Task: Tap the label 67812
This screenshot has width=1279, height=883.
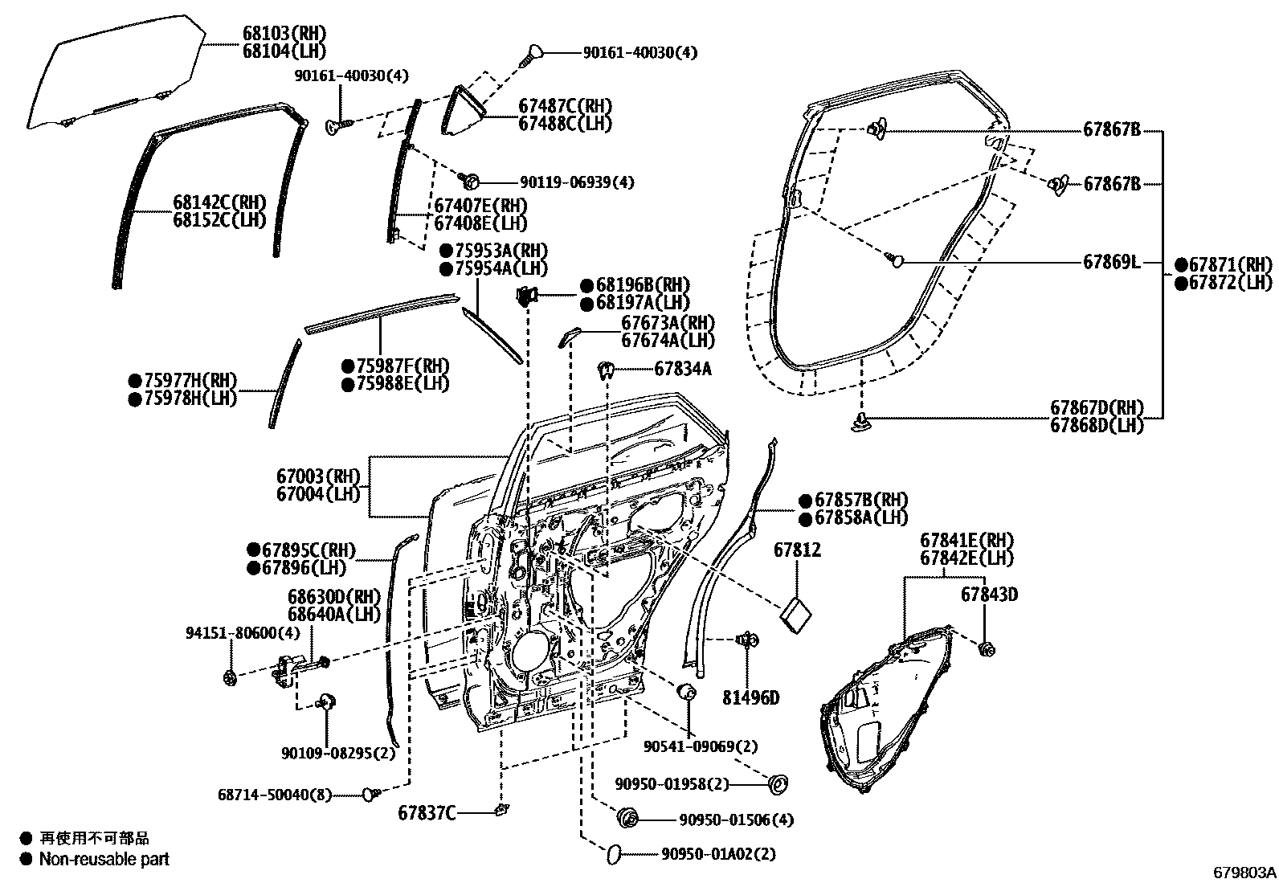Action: (x=797, y=550)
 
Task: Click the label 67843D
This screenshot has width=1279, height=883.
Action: (x=989, y=595)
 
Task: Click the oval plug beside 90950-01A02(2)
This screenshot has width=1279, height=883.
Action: (x=612, y=853)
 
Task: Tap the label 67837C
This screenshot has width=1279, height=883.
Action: (x=427, y=813)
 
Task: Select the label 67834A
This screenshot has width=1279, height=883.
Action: (x=682, y=369)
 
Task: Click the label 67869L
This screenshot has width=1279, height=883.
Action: (x=1111, y=262)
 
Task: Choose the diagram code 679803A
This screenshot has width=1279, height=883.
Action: (x=1244, y=872)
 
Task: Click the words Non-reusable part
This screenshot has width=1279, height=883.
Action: (x=104, y=859)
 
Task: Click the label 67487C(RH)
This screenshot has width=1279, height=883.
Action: (x=564, y=106)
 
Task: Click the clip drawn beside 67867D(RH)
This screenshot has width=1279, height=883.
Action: (x=860, y=421)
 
